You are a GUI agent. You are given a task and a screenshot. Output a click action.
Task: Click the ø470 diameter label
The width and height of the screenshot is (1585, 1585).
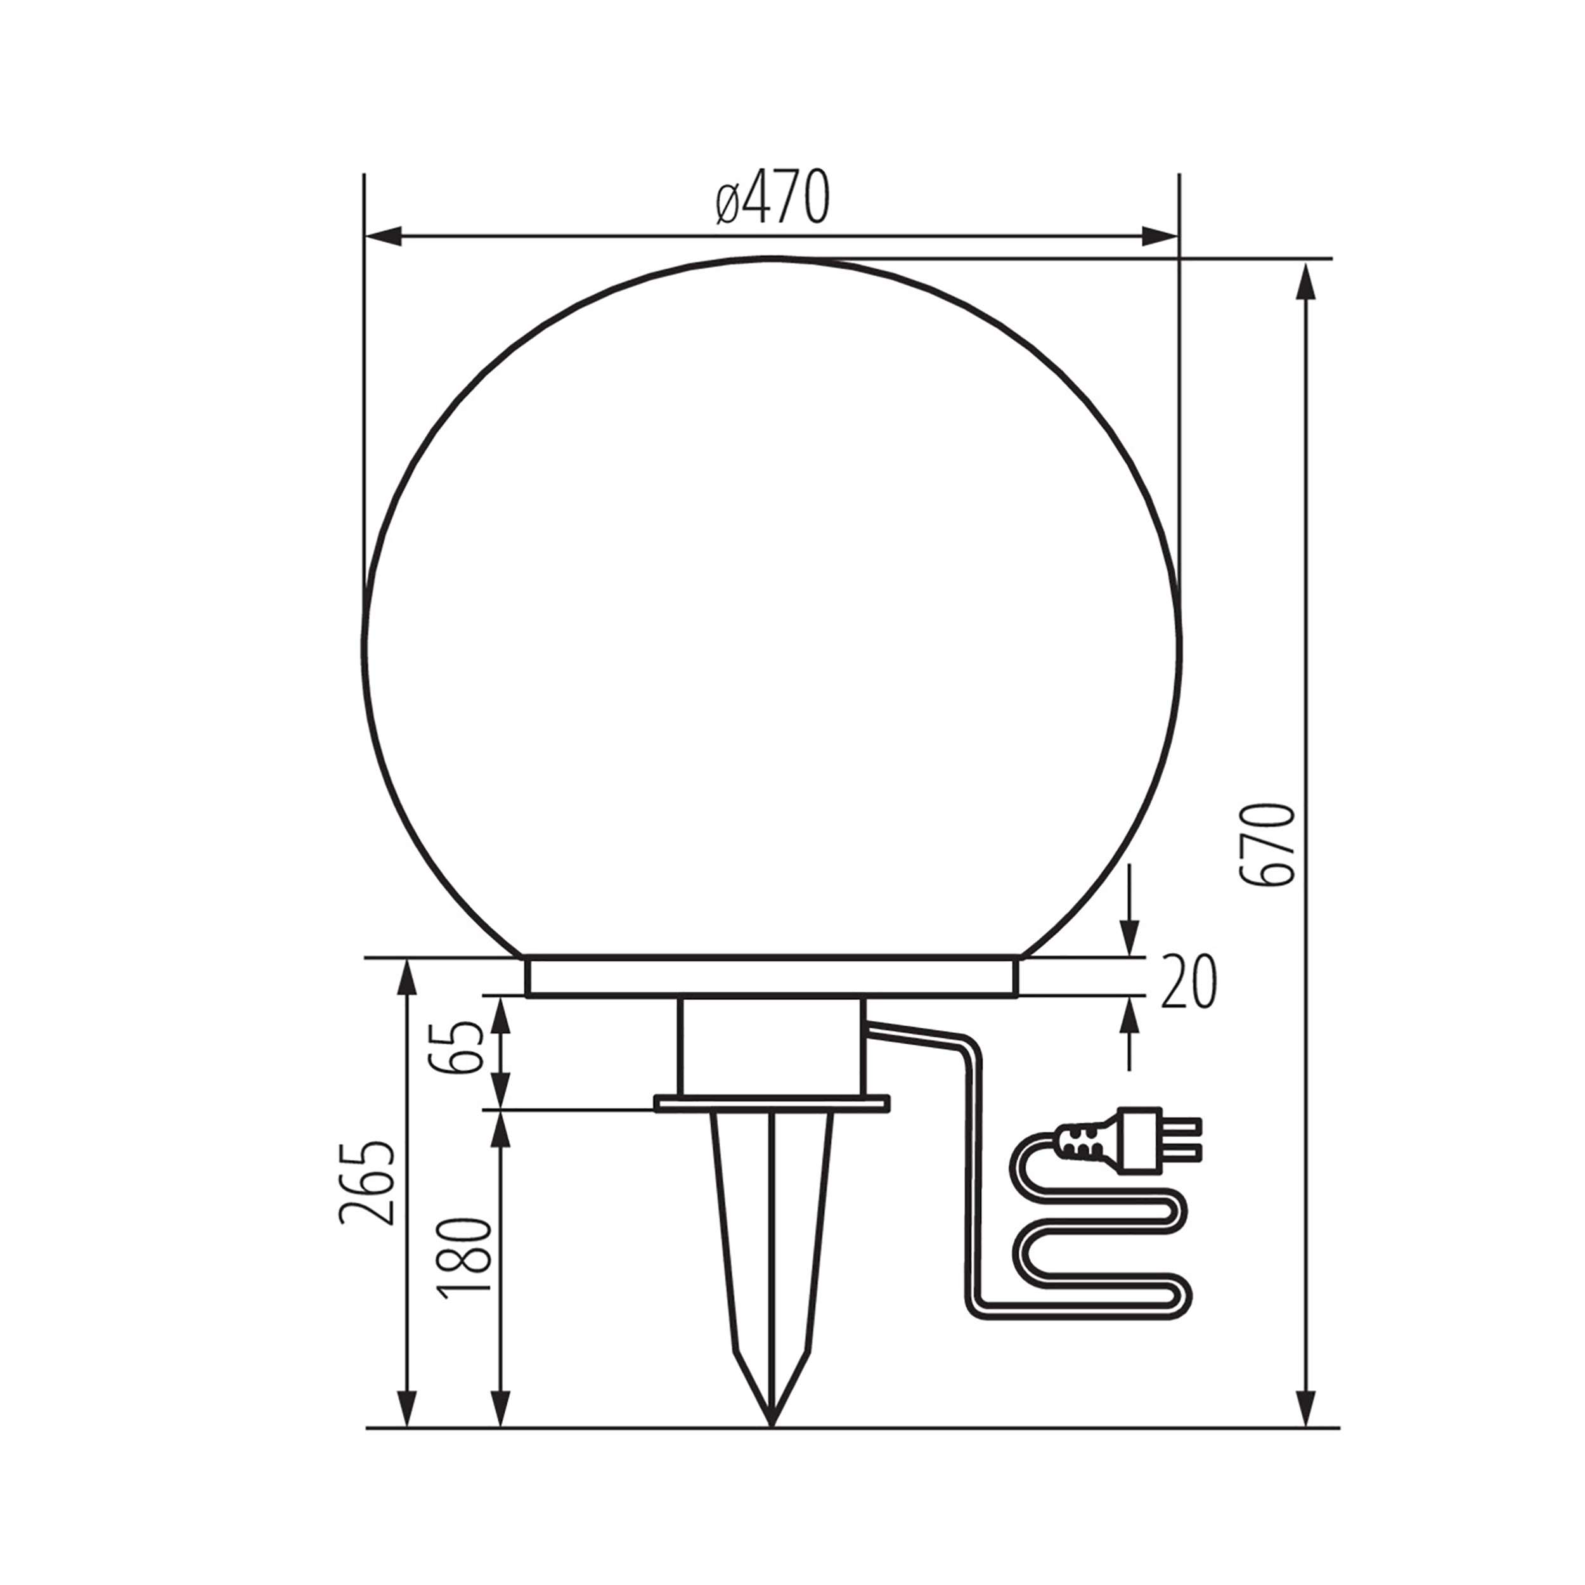[x=771, y=198]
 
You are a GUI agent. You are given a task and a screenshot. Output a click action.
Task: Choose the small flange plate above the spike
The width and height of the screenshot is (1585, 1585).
[x=771, y=1103]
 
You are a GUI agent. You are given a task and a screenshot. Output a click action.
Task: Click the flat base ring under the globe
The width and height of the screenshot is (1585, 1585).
[x=771, y=977]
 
